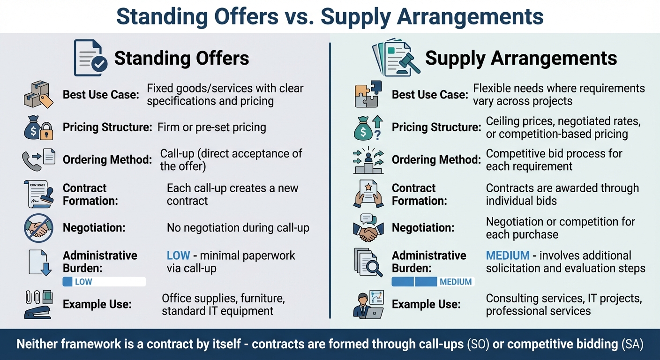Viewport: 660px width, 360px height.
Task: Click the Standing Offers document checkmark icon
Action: tap(90, 58)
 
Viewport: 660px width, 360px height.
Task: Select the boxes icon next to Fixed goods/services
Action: tap(37, 95)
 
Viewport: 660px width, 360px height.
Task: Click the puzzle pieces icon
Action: tap(368, 94)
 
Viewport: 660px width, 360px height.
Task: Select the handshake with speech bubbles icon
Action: tap(368, 228)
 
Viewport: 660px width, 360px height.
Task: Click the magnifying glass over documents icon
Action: tap(368, 262)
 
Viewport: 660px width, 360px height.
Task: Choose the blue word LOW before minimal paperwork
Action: tap(178, 255)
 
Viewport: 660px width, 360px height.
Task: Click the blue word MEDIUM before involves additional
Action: tap(508, 255)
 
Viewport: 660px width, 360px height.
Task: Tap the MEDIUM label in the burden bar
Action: tap(456, 282)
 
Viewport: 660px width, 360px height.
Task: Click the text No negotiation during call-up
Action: tap(238, 228)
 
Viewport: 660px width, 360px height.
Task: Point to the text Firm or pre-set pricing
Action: tap(212, 127)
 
